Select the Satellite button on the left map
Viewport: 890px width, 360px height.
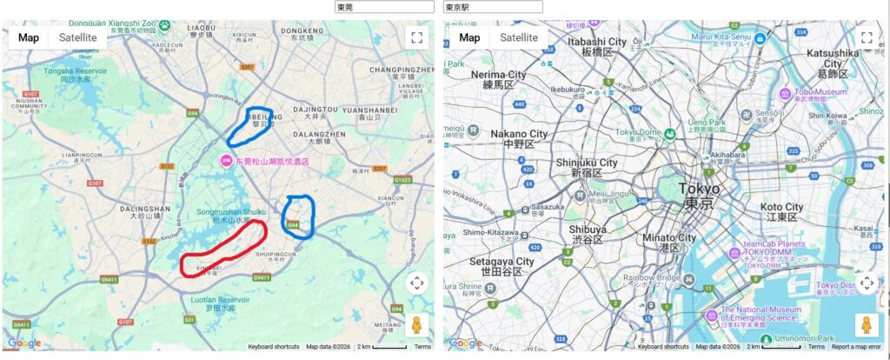pos(77,37)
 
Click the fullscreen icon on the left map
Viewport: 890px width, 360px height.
pos(416,37)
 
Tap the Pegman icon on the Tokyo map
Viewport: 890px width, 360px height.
pos(866,325)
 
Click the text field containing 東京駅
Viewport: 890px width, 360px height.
pos(493,7)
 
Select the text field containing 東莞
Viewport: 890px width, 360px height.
pos(383,7)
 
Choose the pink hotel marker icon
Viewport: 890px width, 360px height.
pos(224,161)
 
